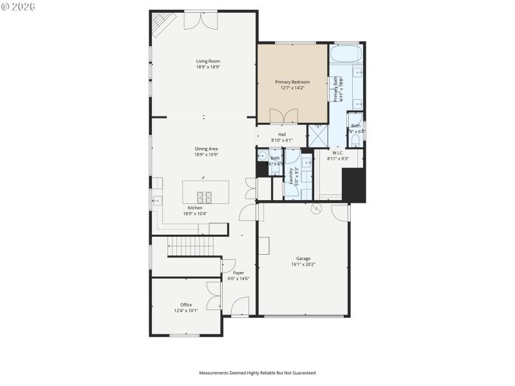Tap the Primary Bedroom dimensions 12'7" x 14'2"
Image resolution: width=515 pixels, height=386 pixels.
(292, 88)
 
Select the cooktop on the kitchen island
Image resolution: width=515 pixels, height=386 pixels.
(204, 197)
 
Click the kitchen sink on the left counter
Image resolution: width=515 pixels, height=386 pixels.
(156, 200)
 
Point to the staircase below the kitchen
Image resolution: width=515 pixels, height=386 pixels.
(190, 245)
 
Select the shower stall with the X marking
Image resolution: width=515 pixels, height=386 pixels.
(318, 136)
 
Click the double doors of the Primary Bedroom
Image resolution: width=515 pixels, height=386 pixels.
(284, 116)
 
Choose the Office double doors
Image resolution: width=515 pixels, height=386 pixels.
(214, 297)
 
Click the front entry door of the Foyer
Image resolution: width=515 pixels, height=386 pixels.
(239, 308)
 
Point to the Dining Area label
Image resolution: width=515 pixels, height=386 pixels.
(206, 149)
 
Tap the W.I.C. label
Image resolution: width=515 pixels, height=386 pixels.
(337, 152)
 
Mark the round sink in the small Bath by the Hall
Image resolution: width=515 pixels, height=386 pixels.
(262, 156)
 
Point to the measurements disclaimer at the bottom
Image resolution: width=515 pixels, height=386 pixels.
(257, 372)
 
